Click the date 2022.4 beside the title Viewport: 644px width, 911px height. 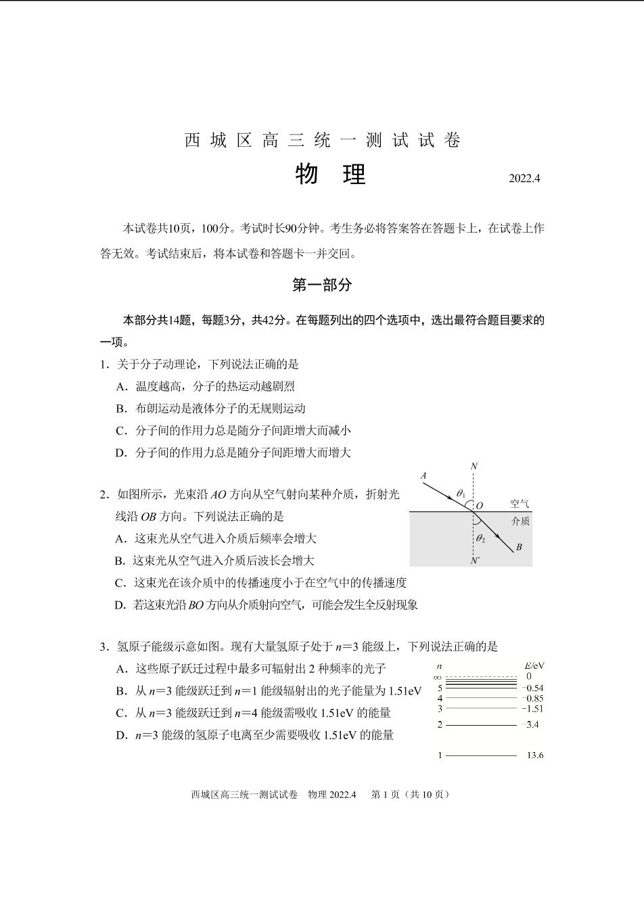[524, 179]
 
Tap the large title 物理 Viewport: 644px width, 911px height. [330, 174]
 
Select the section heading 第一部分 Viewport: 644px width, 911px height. [322, 285]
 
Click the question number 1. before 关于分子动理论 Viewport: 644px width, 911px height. [104, 365]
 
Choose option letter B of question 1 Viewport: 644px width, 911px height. [122, 408]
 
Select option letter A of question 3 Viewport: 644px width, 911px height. [122, 669]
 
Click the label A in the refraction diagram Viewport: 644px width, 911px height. [423, 476]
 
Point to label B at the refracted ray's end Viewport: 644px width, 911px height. [519, 547]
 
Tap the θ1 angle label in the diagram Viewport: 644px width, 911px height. [460, 494]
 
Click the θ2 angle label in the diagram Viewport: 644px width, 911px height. [480, 539]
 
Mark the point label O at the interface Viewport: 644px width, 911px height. [480, 505]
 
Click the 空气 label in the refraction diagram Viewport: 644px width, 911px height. [520, 505]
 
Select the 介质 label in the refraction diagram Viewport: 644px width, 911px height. [520, 521]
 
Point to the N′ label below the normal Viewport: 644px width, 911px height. [475, 561]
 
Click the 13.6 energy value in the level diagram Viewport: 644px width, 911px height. [534, 755]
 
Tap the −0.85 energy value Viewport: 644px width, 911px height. [532, 699]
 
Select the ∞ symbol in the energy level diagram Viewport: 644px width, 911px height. [438, 677]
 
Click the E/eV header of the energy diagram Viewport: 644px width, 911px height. [534, 665]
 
